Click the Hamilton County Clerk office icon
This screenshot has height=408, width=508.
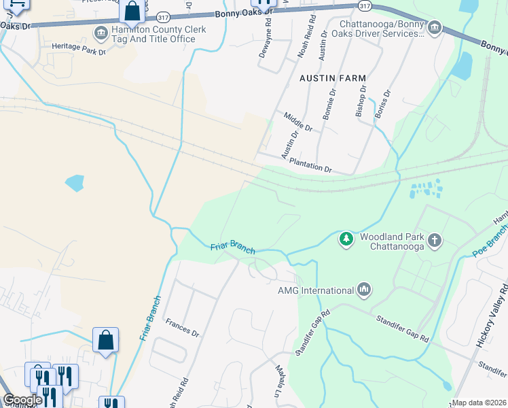(x=101, y=31)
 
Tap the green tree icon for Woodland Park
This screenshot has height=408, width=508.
(x=346, y=239)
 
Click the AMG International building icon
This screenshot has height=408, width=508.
(x=364, y=290)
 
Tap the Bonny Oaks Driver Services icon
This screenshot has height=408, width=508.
(x=435, y=27)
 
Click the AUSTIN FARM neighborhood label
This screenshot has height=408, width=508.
(x=333, y=79)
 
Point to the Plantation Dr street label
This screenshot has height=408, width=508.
(x=310, y=164)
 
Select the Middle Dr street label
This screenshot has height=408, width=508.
(x=297, y=122)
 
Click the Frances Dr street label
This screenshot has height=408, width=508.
(x=182, y=334)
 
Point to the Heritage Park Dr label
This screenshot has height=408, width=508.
(x=79, y=50)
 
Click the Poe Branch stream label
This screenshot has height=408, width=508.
(x=490, y=242)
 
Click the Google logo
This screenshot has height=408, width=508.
(x=22, y=400)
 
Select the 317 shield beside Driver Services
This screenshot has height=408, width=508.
(x=365, y=5)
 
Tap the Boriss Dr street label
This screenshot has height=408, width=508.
(x=383, y=105)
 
